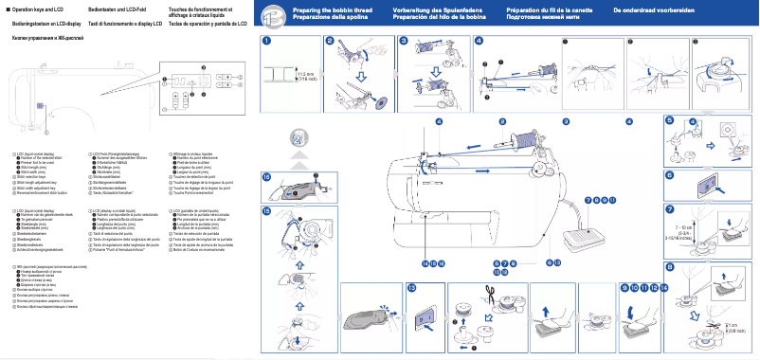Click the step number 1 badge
click(x=268, y=41)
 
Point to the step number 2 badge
click(x=330, y=41)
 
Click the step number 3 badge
click(x=404, y=41)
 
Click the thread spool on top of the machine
click(x=516, y=145)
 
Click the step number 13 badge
click(x=411, y=286)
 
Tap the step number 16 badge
click(x=267, y=177)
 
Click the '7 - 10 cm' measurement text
click(x=682, y=228)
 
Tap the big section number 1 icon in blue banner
click(x=271, y=15)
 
